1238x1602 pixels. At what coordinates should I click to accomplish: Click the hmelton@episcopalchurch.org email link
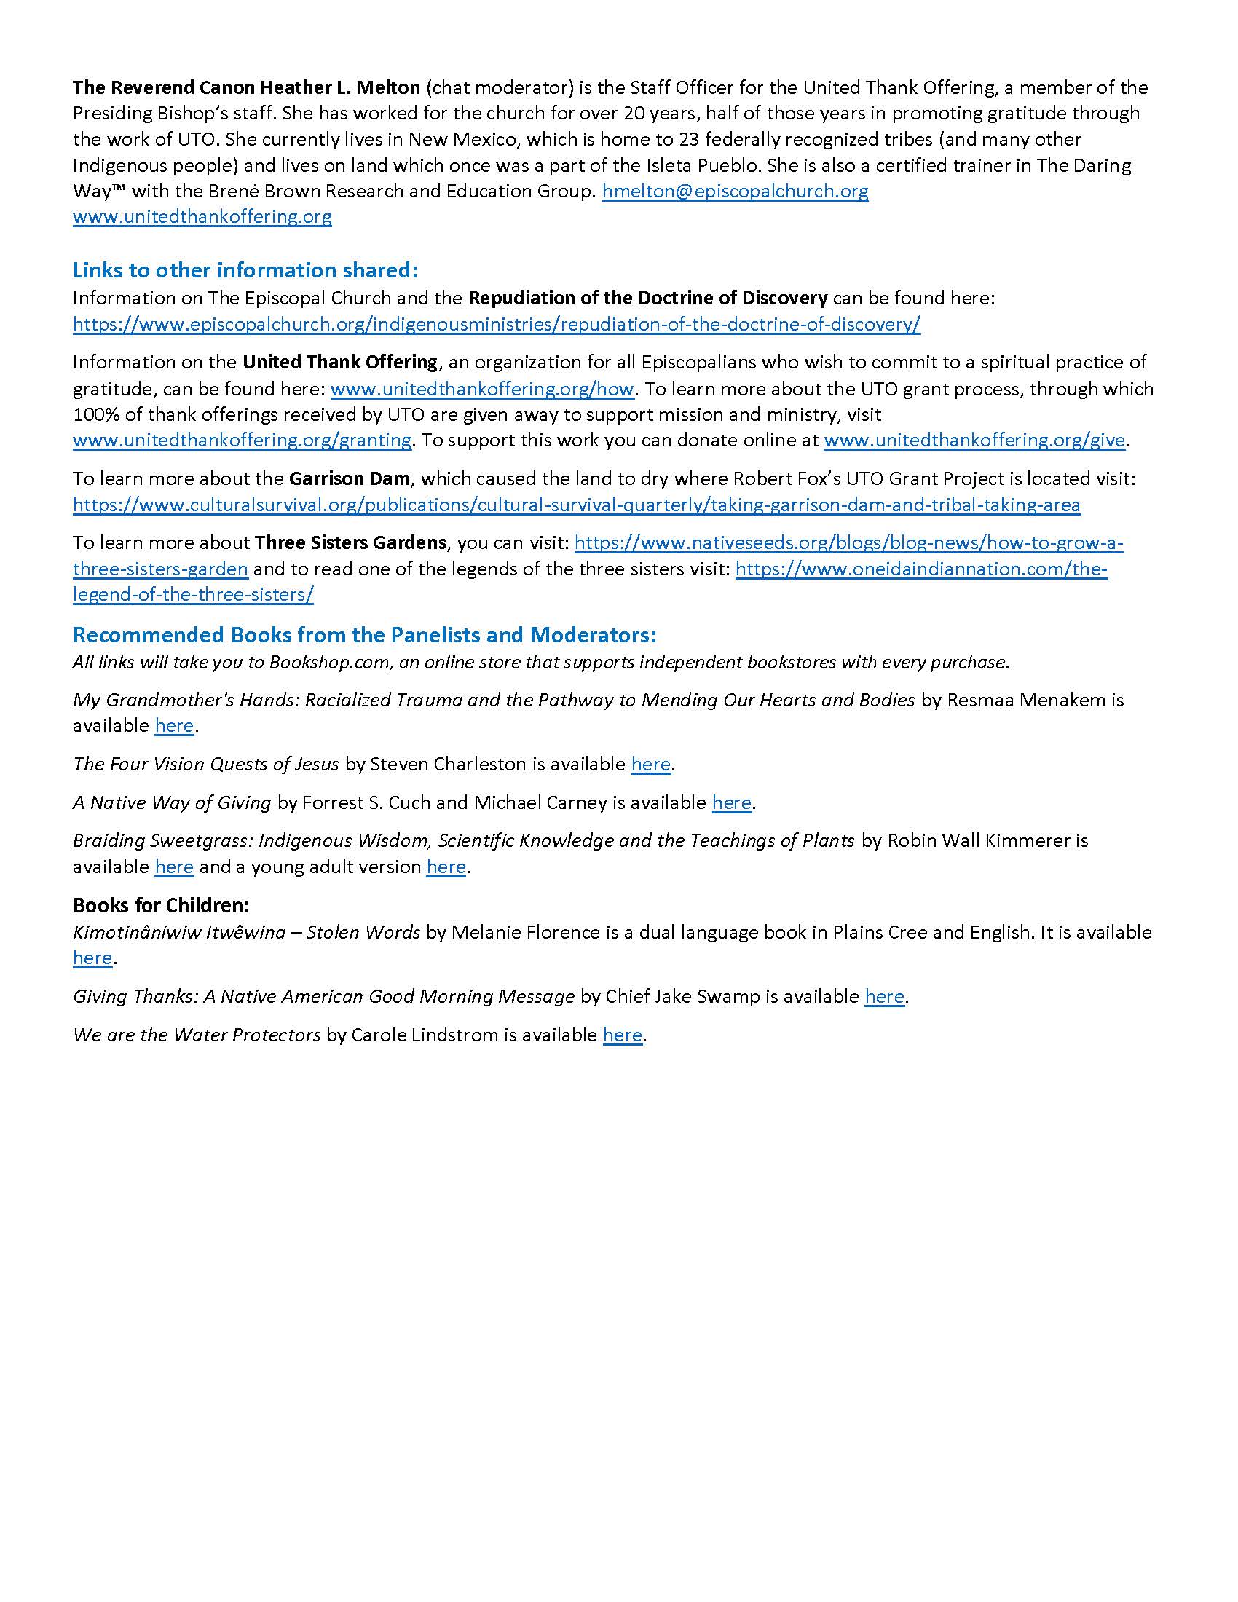tap(735, 192)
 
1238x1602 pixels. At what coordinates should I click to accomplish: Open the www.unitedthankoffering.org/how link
tap(482, 389)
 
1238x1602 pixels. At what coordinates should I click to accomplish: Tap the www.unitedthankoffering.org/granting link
tap(242, 440)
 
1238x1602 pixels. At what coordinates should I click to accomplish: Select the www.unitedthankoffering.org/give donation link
tap(974, 440)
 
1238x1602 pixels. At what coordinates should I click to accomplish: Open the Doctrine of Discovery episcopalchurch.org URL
tap(497, 324)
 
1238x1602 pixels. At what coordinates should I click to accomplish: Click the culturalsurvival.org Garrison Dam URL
tap(577, 505)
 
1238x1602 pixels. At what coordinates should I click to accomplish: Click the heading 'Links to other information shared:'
tap(245, 270)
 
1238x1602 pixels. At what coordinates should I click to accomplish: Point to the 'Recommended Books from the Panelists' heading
tap(365, 634)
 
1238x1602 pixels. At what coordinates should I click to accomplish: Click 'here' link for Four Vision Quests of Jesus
tap(650, 765)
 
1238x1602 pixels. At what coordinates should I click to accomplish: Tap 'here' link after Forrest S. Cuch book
tap(731, 802)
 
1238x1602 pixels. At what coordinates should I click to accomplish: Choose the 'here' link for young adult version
tap(446, 867)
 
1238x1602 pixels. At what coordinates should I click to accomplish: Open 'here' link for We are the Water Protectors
tap(623, 1035)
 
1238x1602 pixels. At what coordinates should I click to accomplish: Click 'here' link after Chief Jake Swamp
tap(885, 996)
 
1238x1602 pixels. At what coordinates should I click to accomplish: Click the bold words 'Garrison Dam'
tap(349, 479)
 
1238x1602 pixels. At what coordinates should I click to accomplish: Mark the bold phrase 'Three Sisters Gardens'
tap(350, 542)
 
